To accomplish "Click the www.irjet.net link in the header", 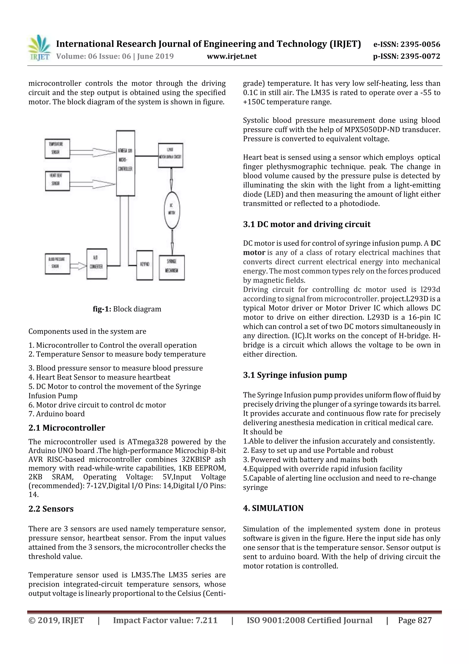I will point(232,56).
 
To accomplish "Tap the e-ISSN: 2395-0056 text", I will point(406,44).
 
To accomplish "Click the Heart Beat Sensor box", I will point(57,181).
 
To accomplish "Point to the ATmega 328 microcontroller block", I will point(125,163).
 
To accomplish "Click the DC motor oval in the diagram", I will point(172,210).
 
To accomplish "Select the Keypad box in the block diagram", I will point(145,265).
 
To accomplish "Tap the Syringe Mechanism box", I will point(172,267).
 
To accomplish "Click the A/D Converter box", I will point(97,264).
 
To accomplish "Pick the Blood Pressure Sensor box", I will point(57,263).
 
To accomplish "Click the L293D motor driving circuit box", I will point(170,155).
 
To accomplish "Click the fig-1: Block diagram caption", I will point(127,309).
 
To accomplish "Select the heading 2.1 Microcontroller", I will point(67,428).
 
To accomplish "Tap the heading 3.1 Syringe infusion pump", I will point(295,375).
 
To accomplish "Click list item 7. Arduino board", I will point(57,414).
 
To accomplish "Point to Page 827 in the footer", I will point(414,620).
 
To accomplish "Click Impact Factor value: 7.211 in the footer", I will point(165,620).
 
